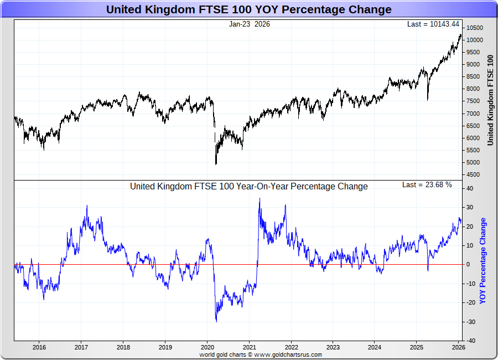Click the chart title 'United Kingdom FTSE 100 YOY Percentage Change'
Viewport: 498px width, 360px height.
click(x=248, y=9)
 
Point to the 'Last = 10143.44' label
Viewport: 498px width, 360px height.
click(x=433, y=24)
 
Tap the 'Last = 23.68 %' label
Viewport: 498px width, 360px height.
click(x=427, y=185)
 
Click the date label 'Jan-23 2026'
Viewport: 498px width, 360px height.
click(x=249, y=24)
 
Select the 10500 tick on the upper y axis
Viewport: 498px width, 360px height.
click(x=474, y=28)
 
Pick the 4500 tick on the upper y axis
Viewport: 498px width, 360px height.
click(x=473, y=175)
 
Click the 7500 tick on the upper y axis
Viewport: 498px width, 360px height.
click(x=473, y=101)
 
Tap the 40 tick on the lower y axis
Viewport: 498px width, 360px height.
click(x=469, y=189)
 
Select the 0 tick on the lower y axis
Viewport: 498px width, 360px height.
click(x=468, y=265)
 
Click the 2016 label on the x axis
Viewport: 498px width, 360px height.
click(x=39, y=348)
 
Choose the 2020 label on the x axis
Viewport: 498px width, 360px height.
click(x=207, y=348)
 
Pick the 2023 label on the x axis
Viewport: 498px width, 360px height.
click(x=333, y=348)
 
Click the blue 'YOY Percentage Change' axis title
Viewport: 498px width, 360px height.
click(x=483, y=260)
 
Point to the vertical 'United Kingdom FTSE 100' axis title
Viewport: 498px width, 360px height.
click(x=490, y=100)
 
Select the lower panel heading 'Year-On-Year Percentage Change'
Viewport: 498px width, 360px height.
click(x=249, y=187)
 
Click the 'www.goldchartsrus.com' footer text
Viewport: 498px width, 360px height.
click(x=288, y=354)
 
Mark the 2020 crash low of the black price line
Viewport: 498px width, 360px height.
click(x=216, y=164)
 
